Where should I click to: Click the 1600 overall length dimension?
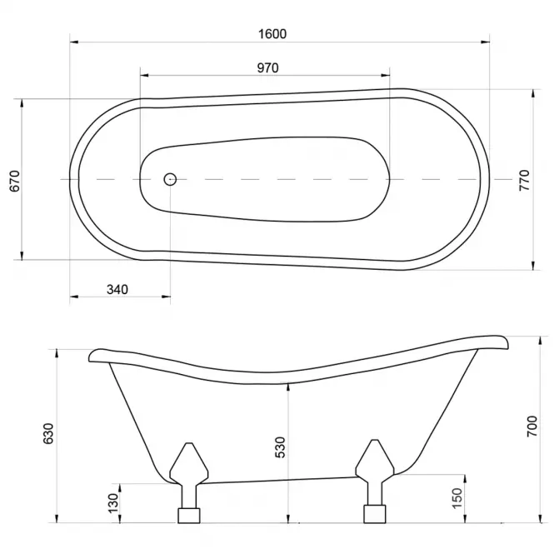click(x=272, y=34)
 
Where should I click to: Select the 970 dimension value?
click(x=267, y=67)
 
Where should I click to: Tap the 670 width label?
click(x=15, y=181)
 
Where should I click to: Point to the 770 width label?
click(x=524, y=180)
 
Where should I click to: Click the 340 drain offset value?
click(x=117, y=290)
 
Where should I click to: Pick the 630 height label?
click(x=47, y=433)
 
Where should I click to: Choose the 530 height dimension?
click(x=280, y=447)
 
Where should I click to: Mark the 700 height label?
click(x=532, y=426)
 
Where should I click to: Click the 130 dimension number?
click(x=113, y=503)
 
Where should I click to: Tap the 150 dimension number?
click(x=457, y=498)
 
